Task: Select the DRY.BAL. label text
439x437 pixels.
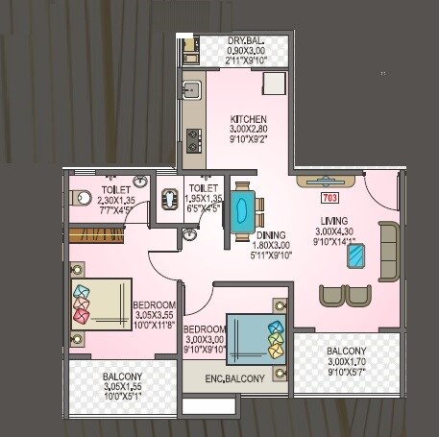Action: tap(247, 40)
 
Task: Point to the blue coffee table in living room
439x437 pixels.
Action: tap(357, 255)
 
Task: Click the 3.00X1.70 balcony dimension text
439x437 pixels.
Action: tap(345, 362)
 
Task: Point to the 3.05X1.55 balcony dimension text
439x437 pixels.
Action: tap(122, 387)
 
